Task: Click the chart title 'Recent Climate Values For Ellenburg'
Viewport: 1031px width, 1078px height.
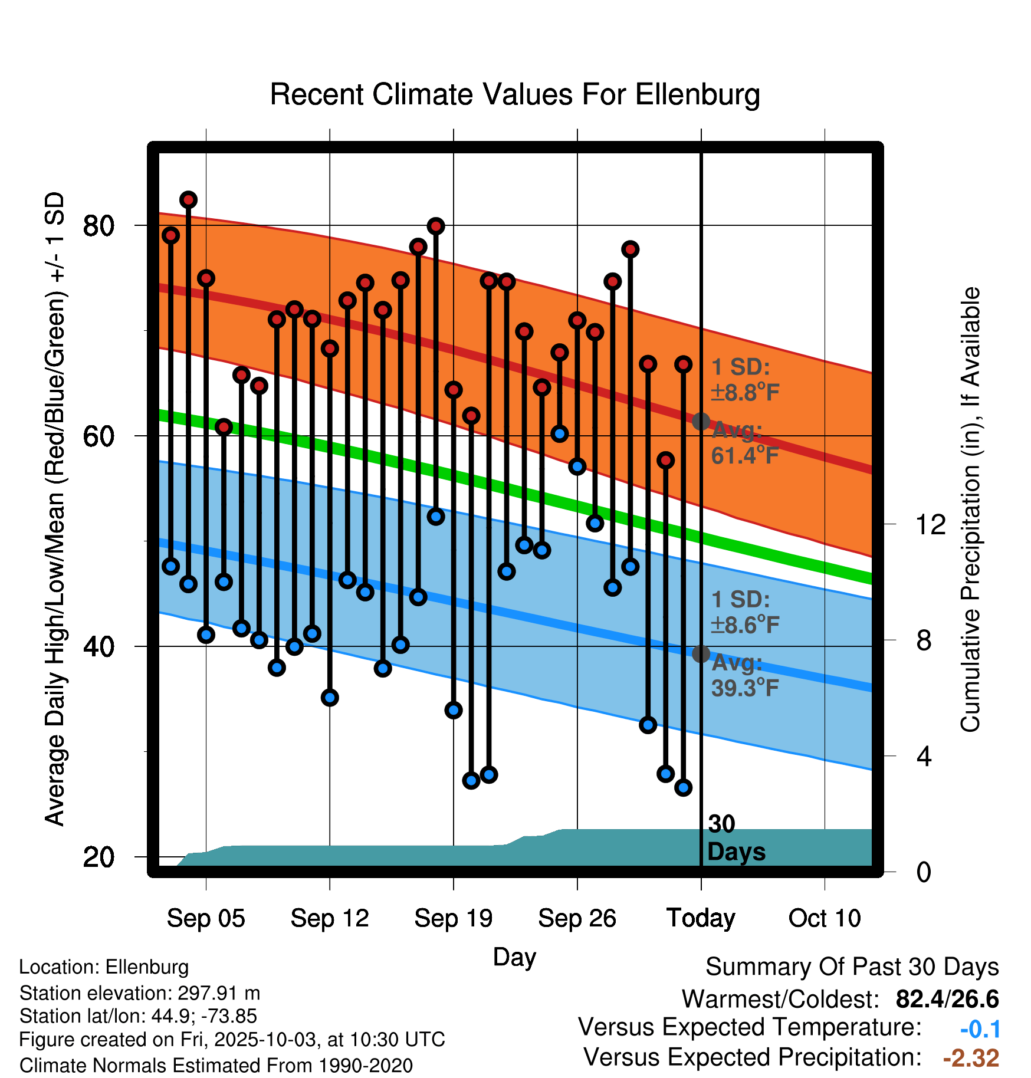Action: pos(514,94)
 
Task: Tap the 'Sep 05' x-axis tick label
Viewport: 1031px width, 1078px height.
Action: pos(205,918)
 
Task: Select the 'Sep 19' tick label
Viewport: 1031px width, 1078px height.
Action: pos(453,918)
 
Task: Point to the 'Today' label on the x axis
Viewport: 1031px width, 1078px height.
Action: pos(701,918)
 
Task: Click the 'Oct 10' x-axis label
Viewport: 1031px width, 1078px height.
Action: pos(825,918)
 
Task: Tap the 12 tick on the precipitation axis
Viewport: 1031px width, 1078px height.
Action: pos(930,524)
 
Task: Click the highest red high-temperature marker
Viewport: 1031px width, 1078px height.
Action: pos(188,200)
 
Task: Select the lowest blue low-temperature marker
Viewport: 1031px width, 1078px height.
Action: pos(683,787)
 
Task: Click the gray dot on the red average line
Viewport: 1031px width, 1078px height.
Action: pos(701,421)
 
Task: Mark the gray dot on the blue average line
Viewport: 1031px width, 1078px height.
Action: pos(701,653)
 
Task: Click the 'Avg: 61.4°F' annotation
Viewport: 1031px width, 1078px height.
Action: pos(744,443)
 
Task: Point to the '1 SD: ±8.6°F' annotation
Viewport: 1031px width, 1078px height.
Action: pos(745,612)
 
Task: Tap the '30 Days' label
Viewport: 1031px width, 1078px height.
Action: pos(736,838)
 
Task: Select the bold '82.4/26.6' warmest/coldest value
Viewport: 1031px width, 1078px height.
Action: pos(947,999)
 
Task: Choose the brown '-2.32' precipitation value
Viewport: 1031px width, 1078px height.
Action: pos(971,1058)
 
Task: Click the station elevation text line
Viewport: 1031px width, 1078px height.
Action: pos(139,993)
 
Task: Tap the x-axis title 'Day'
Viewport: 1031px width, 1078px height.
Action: pos(514,957)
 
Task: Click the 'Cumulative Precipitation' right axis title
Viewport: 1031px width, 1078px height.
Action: pos(970,510)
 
